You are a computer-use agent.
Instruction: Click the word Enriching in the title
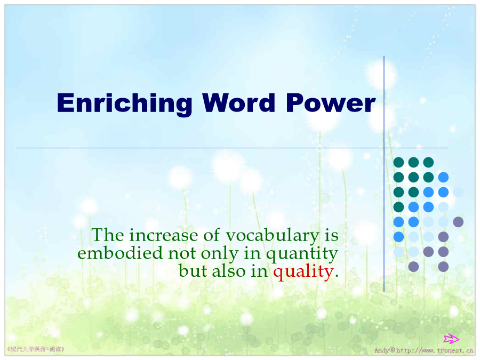[x=124, y=104]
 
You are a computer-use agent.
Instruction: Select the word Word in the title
[x=239, y=103]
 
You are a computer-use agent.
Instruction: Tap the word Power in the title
[x=331, y=103]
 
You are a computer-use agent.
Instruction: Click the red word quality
[x=303, y=272]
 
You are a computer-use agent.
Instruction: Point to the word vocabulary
[x=273, y=236]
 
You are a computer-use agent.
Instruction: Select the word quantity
[x=302, y=254]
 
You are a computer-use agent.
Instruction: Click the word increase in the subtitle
[x=164, y=235]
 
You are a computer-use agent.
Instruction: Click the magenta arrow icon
[x=451, y=339]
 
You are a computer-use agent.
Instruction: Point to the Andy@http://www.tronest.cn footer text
[x=424, y=350]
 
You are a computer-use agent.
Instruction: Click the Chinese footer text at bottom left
[x=36, y=349]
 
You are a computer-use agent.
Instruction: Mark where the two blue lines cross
[x=384, y=148]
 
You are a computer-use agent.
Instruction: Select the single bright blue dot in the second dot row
[x=443, y=177]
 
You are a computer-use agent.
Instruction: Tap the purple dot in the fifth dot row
[x=458, y=222]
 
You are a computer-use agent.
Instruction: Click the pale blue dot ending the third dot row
[x=458, y=192]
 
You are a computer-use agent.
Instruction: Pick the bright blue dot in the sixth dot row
[x=398, y=237]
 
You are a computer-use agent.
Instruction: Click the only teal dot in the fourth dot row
[x=398, y=207]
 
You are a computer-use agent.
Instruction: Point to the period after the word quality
[x=337, y=276]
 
